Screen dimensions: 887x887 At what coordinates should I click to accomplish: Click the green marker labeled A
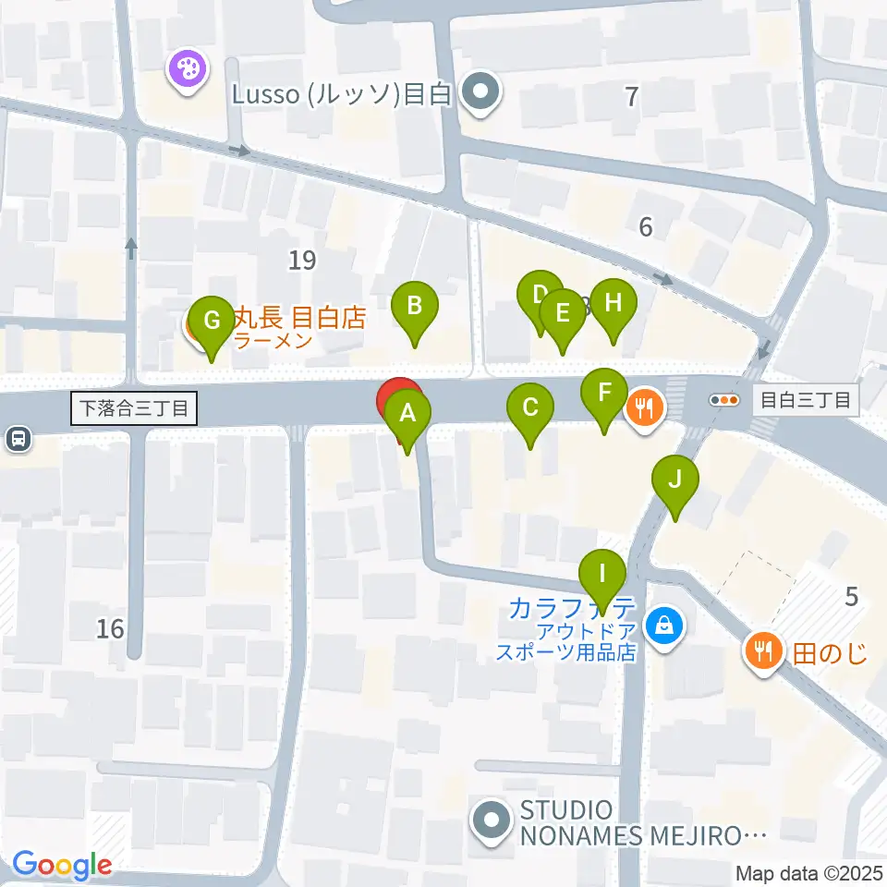[407, 413]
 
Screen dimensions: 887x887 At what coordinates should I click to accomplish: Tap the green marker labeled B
[415, 305]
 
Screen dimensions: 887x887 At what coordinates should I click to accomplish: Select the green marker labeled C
[530, 407]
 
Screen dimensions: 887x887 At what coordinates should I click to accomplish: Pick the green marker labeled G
[212, 321]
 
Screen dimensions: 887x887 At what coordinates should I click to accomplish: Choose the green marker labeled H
[614, 303]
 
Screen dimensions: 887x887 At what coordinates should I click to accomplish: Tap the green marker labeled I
[602, 574]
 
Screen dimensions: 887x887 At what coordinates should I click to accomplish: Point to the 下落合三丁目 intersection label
[135, 407]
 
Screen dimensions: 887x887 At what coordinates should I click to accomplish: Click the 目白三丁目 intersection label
[805, 400]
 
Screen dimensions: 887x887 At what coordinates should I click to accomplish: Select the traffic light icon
[723, 400]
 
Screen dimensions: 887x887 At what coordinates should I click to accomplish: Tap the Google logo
[62, 865]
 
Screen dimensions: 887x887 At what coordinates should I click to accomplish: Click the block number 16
[110, 629]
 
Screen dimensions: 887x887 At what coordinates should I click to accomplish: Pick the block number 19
[301, 261]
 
